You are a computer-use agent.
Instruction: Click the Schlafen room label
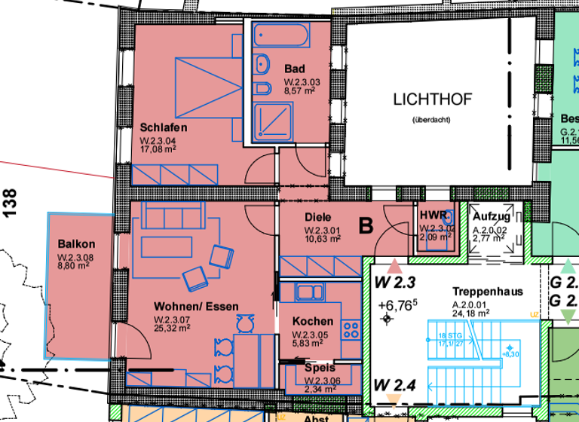[x=163, y=127]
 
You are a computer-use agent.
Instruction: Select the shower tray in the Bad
[x=268, y=121]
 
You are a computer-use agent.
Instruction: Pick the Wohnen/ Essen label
[x=196, y=307]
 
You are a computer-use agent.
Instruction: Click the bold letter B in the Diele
[x=366, y=225]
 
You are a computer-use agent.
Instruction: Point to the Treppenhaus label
[x=487, y=291]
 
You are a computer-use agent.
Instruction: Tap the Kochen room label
[x=312, y=321]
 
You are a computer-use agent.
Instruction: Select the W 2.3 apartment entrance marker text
[x=395, y=283]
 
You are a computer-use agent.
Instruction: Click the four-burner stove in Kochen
[x=351, y=329]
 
